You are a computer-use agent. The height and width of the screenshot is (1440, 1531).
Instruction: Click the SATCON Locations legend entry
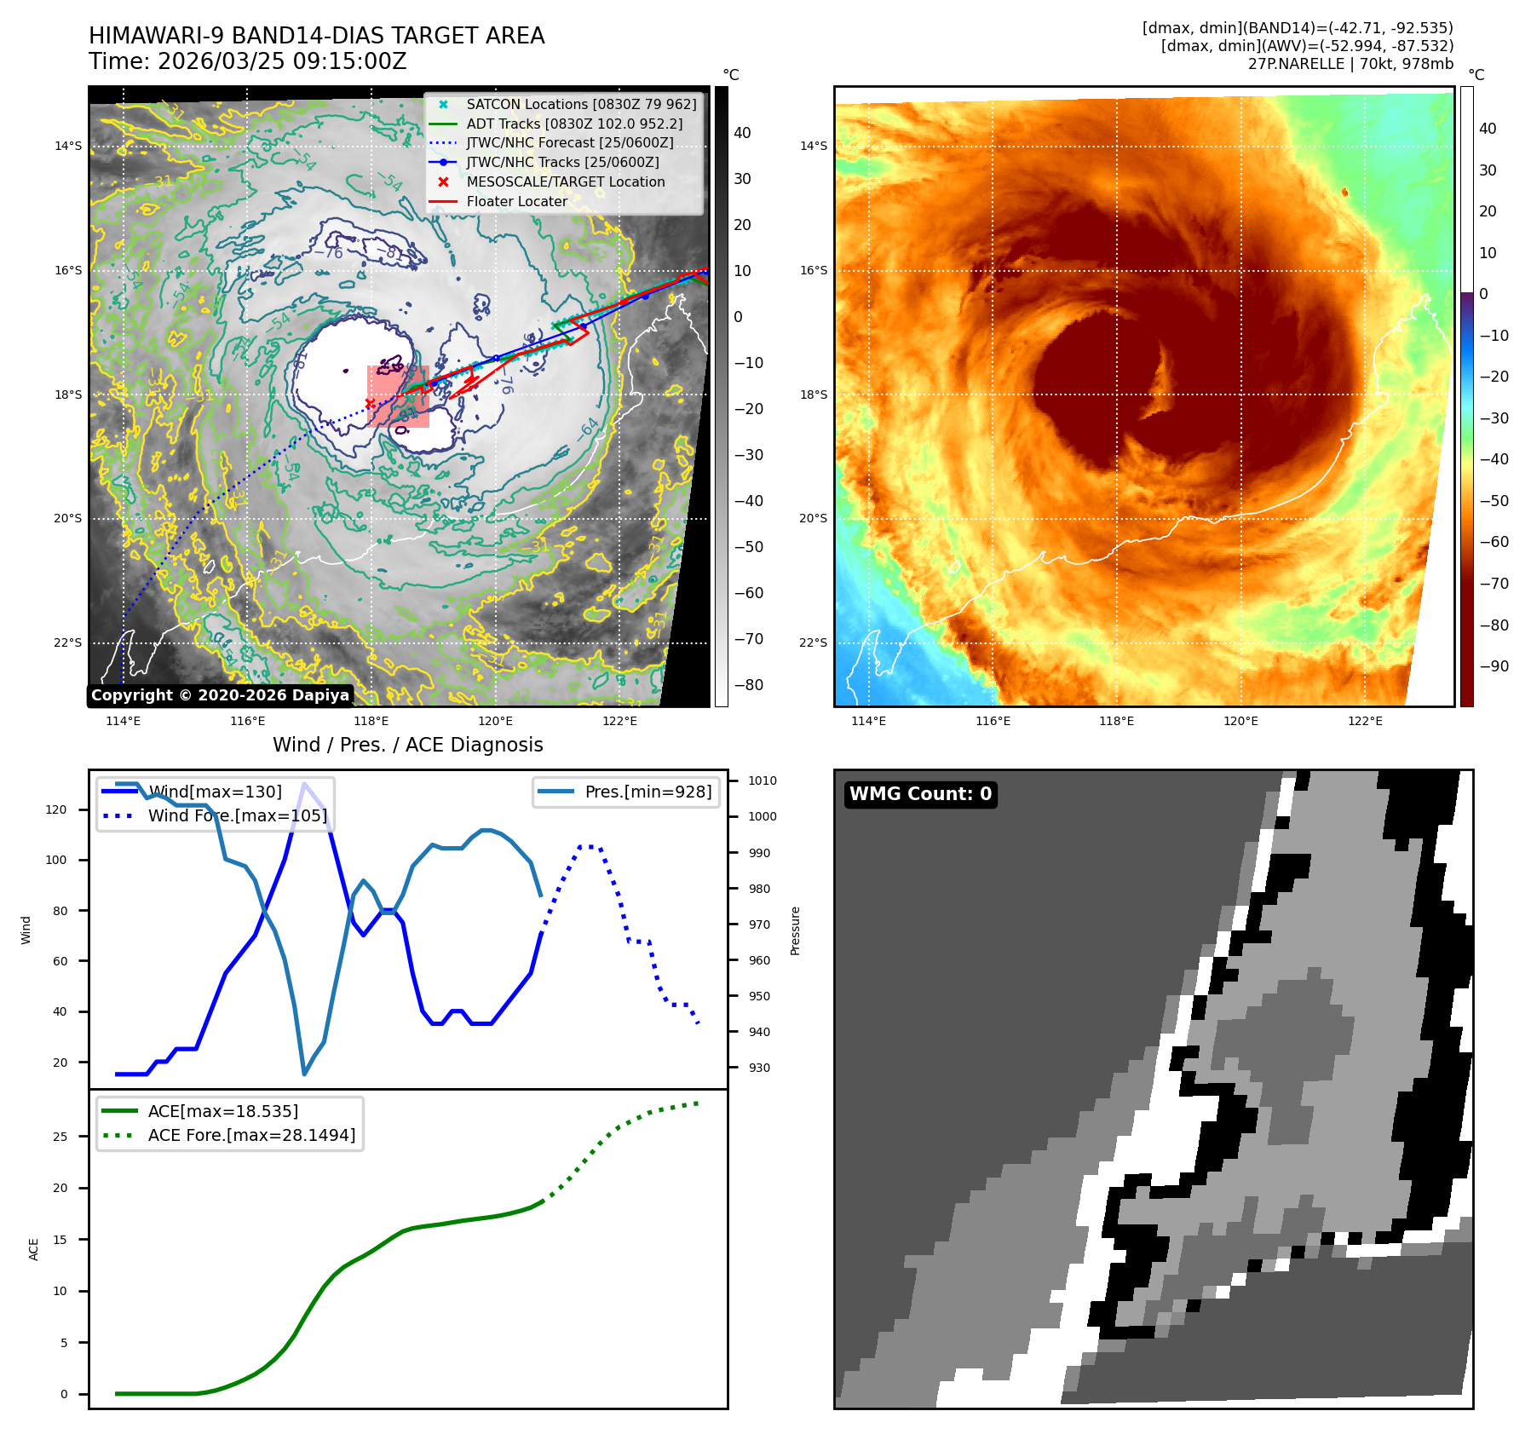[x=580, y=104]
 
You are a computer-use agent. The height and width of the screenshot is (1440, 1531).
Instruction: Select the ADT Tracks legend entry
[x=573, y=124]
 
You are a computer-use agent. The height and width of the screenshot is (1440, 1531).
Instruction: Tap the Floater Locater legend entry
[x=516, y=201]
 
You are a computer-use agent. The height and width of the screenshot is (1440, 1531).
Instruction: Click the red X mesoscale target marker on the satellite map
[x=370, y=403]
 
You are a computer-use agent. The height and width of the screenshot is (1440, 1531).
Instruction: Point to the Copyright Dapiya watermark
[x=220, y=695]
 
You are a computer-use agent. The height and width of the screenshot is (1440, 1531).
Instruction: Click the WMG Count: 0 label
[x=920, y=794]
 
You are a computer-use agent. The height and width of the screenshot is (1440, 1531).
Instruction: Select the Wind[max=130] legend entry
[x=214, y=792]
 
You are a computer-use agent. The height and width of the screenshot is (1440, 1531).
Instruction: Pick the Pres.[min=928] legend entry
[x=648, y=792]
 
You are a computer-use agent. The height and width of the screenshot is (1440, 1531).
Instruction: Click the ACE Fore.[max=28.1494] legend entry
[x=251, y=1135]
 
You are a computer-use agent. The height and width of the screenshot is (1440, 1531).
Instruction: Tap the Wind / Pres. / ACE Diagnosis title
[x=407, y=745]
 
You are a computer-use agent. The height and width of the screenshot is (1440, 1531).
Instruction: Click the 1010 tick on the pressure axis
[x=762, y=780]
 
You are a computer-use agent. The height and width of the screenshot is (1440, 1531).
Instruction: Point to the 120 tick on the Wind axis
[x=56, y=809]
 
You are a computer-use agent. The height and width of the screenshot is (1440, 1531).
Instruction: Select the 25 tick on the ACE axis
[x=60, y=1137]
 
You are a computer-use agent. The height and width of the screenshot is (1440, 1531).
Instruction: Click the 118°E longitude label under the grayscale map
[x=371, y=721]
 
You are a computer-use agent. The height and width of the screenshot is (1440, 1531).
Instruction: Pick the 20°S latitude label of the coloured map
[x=813, y=518]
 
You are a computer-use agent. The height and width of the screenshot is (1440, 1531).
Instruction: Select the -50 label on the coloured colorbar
[x=1494, y=501]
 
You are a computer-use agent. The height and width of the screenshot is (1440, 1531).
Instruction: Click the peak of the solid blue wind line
[x=304, y=783]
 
